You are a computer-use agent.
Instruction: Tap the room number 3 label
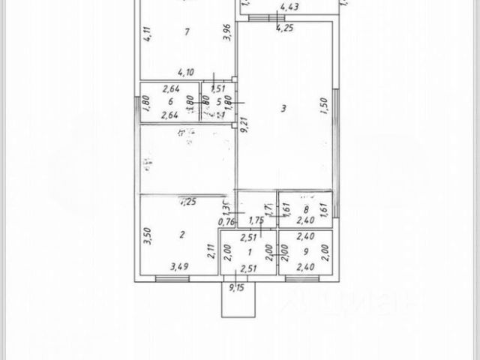point(283,109)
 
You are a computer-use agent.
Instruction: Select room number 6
point(171,100)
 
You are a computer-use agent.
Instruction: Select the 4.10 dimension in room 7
point(184,73)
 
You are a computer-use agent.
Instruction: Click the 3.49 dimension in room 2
point(179,266)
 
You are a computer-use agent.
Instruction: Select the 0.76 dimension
point(225,221)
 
